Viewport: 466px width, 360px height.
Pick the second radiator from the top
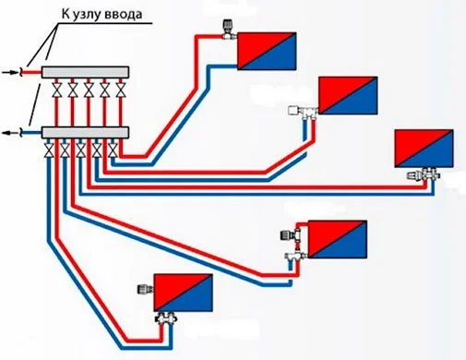click(x=349, y=94)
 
